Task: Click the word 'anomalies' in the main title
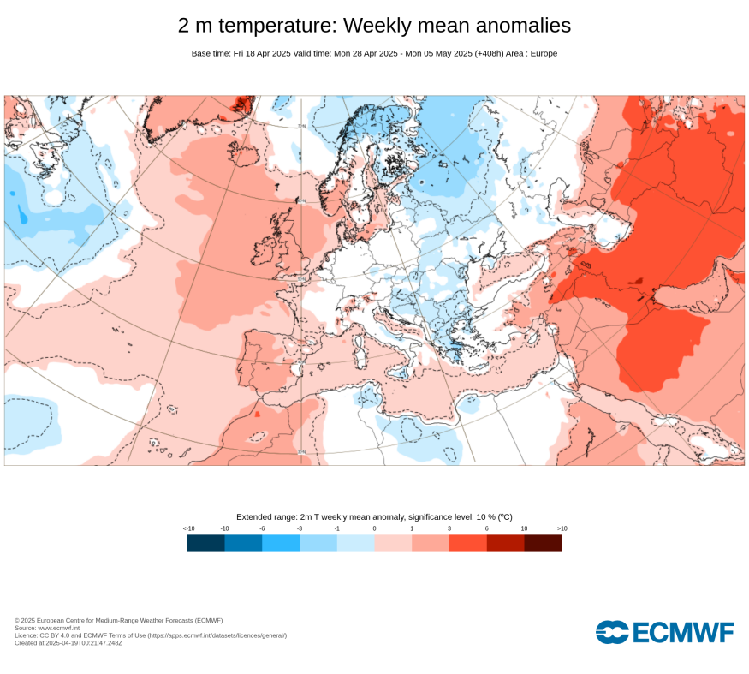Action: click(x=512, y=26)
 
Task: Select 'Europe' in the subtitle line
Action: click(x=543, y=53)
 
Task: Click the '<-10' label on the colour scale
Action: click(x=189, y=528)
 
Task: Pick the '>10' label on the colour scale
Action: click(x=562, y=528)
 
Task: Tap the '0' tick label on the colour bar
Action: click(x=374, y=528)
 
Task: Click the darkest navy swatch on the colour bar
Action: click(x=206, y=543)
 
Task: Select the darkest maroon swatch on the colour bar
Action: click(x=543, y=543)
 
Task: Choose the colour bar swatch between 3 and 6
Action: click(x=468, y=543)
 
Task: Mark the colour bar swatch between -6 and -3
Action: click(x=281, y=543)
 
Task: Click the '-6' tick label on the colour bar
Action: click(x=262, y=528)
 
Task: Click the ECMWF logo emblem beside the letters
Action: click(x=611, y=633)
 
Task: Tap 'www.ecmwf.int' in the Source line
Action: click(x=58, y=628)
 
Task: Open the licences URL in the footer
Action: click(x=217, y=635)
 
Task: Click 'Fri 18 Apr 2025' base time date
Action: click(x=261, y=53)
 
